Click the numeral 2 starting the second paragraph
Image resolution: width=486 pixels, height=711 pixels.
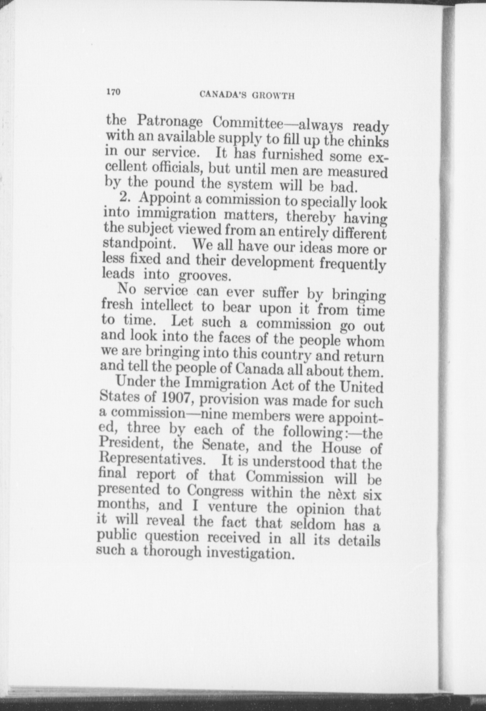[x=124, y=198]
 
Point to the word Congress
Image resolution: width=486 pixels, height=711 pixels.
[x=215, y=492]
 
